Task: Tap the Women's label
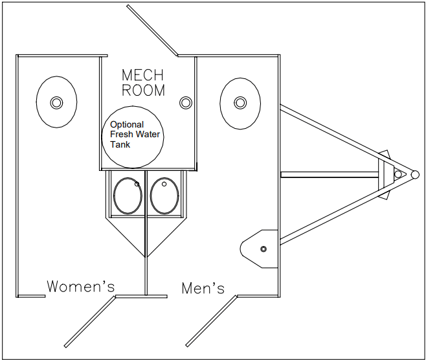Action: coord(80,286)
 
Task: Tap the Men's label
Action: coord(203,287)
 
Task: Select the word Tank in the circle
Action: coord(120,144)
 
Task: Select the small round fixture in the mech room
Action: coord(186,102)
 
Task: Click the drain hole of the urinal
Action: coord(263,249)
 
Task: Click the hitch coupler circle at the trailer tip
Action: coord(412,174)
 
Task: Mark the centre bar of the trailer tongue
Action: coord(330,174)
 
